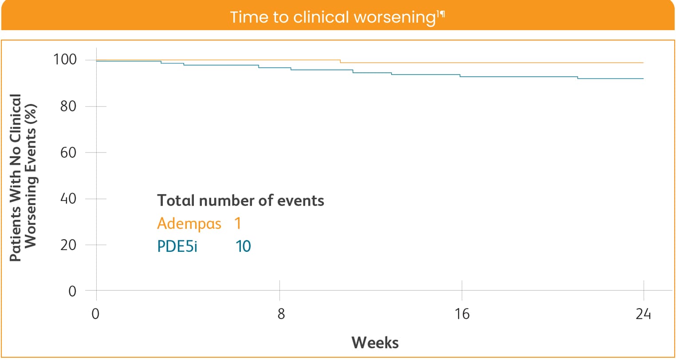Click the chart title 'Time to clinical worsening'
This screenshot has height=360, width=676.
332,17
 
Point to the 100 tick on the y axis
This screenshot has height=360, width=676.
65,59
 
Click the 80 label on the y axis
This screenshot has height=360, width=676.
68,106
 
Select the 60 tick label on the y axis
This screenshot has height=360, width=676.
68,153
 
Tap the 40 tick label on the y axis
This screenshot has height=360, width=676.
68,199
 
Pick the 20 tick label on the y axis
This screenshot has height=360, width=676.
68,245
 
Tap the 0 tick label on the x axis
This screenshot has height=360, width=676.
96,314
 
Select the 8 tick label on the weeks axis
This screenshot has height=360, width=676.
281,314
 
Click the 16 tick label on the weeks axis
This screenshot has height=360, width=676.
462,314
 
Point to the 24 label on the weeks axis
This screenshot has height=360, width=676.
643,314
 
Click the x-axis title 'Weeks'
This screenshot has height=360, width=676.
375,343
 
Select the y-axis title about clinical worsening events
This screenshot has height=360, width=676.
22,177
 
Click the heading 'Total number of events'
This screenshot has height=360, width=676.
240,200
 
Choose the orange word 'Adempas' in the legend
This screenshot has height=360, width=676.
189,223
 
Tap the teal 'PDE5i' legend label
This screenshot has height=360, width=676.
177,246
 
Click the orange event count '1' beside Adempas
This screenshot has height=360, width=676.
238,223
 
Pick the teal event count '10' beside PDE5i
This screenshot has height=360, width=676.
243,246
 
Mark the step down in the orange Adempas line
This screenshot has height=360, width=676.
340,61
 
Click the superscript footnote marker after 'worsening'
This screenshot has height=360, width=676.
440,14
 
